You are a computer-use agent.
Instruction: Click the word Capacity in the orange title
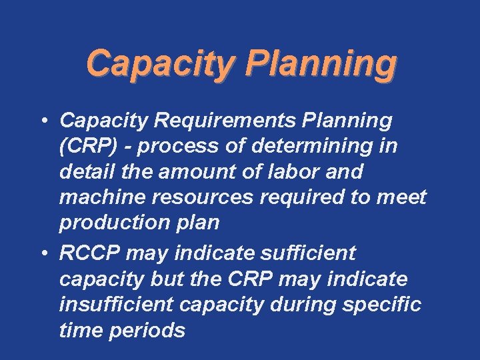[159, 64]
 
